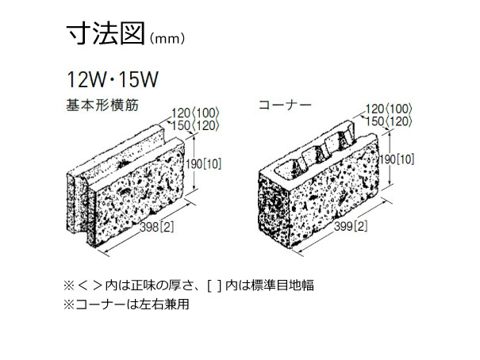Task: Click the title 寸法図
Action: tap(106, 33)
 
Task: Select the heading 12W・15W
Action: tap(113, 79)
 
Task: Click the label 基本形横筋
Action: tap(102, 105)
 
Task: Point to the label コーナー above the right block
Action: tap(285, 105)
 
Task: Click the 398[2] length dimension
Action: tap(157, 228)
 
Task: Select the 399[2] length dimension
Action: tap(351, 226)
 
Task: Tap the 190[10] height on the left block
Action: tap(203, 164)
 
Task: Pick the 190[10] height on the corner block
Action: tap(397, 159)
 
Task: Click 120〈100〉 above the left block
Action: tap(195, 113)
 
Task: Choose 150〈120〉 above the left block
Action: tap(195, 125)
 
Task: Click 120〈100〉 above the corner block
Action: tap(389, 109)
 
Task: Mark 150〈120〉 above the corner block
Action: tap(389, 121)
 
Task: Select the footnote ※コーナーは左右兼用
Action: tap(126, 304)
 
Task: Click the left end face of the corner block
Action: tap(274, 211)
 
